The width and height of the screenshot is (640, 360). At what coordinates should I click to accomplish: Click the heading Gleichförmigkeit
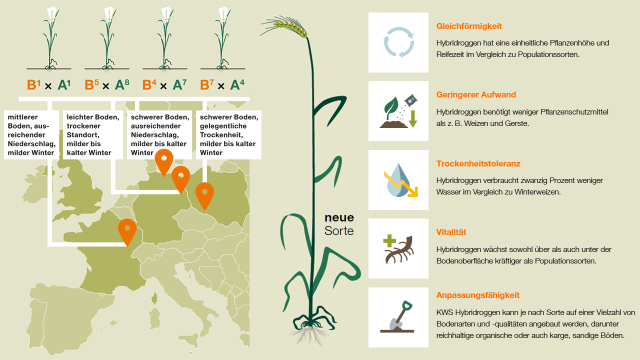click(469, 26)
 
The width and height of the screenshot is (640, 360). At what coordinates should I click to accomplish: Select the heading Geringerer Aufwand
click(476, 95)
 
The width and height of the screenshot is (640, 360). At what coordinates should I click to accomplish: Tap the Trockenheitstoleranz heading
click(478, 163)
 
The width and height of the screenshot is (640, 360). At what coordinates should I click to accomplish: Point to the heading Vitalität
click(451, 232)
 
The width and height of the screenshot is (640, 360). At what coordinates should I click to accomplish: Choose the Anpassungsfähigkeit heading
click(477, 295)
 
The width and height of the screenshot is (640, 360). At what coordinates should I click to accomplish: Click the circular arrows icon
click(398, 42)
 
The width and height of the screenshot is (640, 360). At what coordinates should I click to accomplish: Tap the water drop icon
click(400, 180)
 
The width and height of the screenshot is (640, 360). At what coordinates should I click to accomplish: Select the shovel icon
click(397, 316)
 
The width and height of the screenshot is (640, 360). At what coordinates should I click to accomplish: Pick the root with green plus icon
click(398, 249)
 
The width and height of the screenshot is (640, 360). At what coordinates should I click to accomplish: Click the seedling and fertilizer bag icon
click(398, 111)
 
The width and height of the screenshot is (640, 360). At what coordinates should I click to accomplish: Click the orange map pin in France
click(127, 232)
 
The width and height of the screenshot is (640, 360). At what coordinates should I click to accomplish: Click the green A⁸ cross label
click(122, 84)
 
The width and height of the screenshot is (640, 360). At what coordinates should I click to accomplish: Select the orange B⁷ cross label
click(207, 84)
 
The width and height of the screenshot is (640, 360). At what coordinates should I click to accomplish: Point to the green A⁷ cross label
click(179, 84)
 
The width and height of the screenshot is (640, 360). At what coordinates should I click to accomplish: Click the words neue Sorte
click(339, 224)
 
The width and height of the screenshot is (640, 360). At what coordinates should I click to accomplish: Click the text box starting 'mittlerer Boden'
click(31, 134)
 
